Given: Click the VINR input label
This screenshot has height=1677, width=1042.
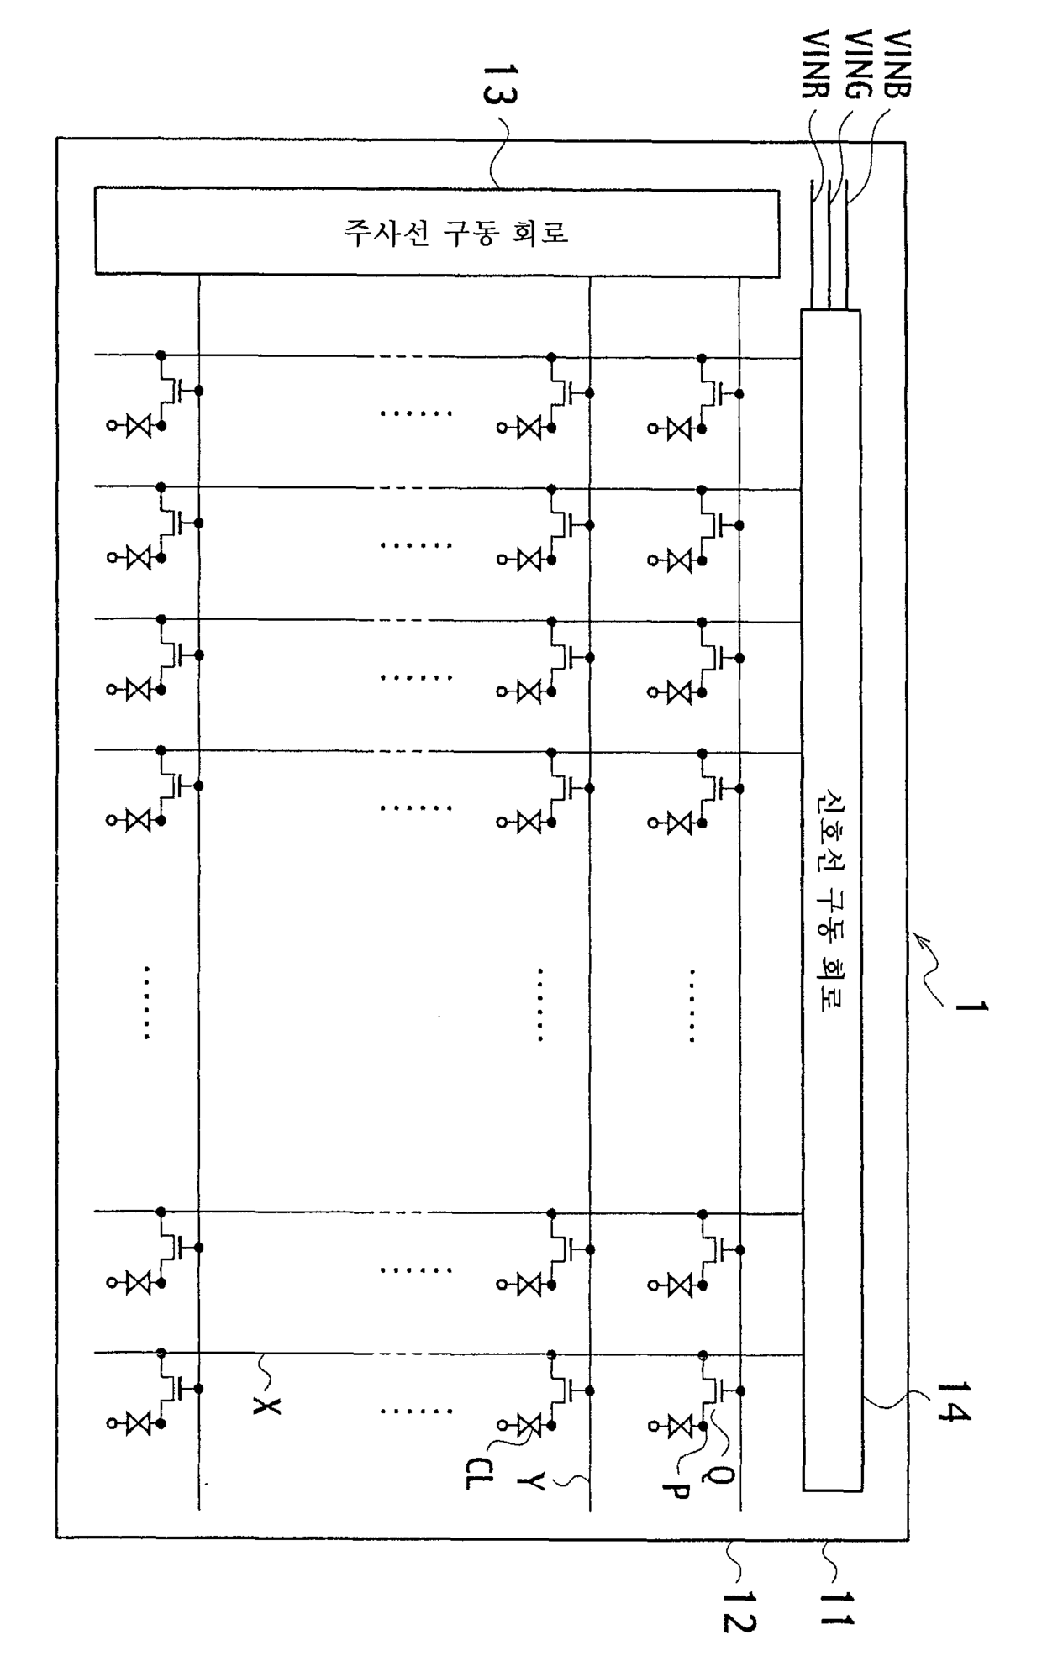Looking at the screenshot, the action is tap(816, 66).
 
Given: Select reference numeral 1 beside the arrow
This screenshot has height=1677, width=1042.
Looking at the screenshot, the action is tap(971, 1005).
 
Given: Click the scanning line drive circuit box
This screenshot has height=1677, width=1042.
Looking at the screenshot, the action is tap(437, 232).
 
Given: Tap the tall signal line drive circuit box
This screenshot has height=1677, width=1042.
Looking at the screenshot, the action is tap(831, 900).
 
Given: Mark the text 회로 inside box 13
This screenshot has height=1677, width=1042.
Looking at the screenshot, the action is tap(541, 232).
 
